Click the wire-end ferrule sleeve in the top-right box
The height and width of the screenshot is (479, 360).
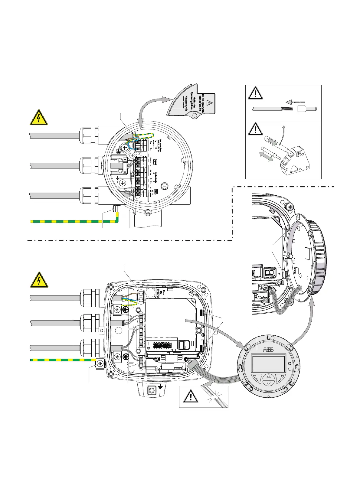click(307, 109)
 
